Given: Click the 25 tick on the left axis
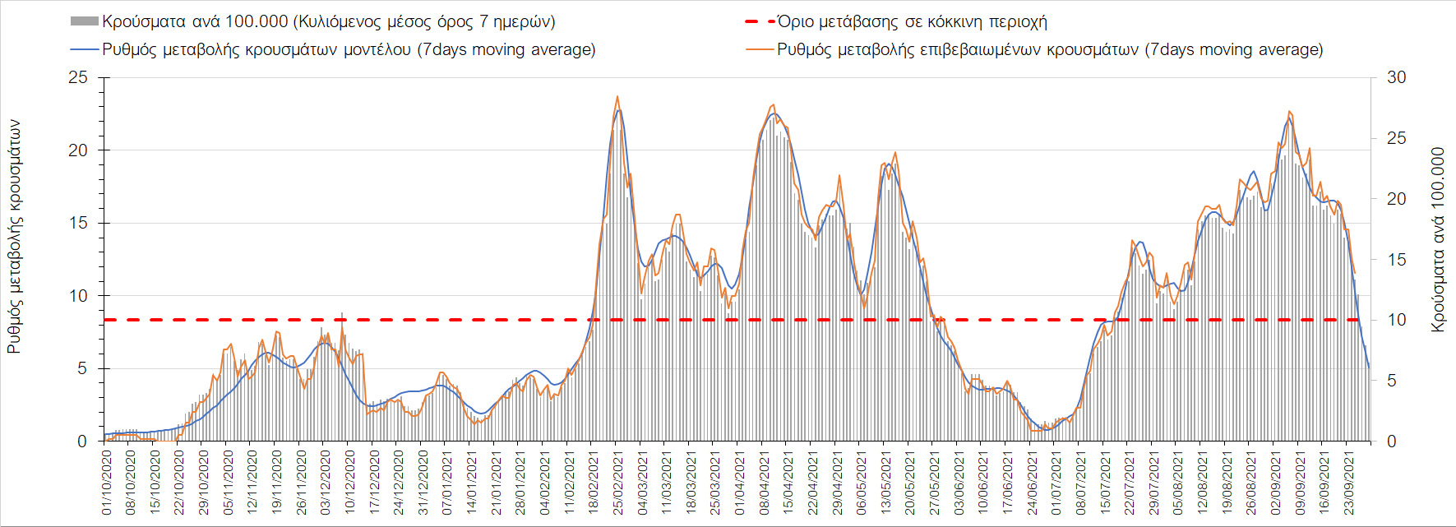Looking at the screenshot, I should tap(78, 77).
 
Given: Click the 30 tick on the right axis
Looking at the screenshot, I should tap(1396, 77).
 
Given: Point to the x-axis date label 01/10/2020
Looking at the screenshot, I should tap(107, 482).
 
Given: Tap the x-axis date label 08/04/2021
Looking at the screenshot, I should tap(765, 482).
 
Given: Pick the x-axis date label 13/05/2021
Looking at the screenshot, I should tap(886, 482).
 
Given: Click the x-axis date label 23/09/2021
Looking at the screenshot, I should tap(1348, 482).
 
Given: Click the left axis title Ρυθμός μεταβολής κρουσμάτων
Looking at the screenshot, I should tap(14, 237).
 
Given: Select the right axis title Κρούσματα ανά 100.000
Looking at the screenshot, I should tap(1437, 240).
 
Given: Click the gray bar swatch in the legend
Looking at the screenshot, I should tap(85, 21).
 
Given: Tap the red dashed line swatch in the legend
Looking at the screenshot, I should tap(760, 21).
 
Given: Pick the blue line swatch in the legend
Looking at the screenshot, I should tap(85, 49).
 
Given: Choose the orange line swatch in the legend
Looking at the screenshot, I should tap(760, 49).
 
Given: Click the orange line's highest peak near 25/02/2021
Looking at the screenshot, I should tap(617, 96).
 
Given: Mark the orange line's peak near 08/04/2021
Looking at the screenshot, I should tap(772, 105).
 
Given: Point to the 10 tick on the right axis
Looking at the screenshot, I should tap(1396, 320).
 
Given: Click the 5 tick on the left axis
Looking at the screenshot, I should tap(81, 368).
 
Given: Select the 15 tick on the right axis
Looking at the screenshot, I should tap(1396, 259).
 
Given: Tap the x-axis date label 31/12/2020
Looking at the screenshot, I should tap(423, 482).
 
